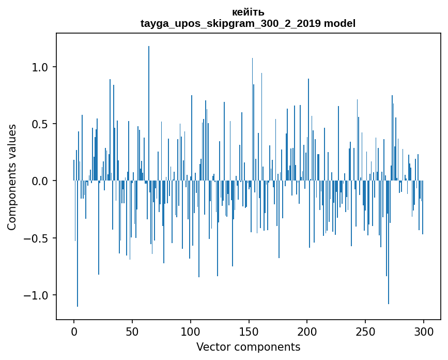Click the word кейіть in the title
tap(248, 12)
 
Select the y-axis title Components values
tap(12, 177)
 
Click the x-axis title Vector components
tap(248, 347)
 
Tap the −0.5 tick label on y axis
tap(37, 238)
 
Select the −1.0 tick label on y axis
tap(37, 295)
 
